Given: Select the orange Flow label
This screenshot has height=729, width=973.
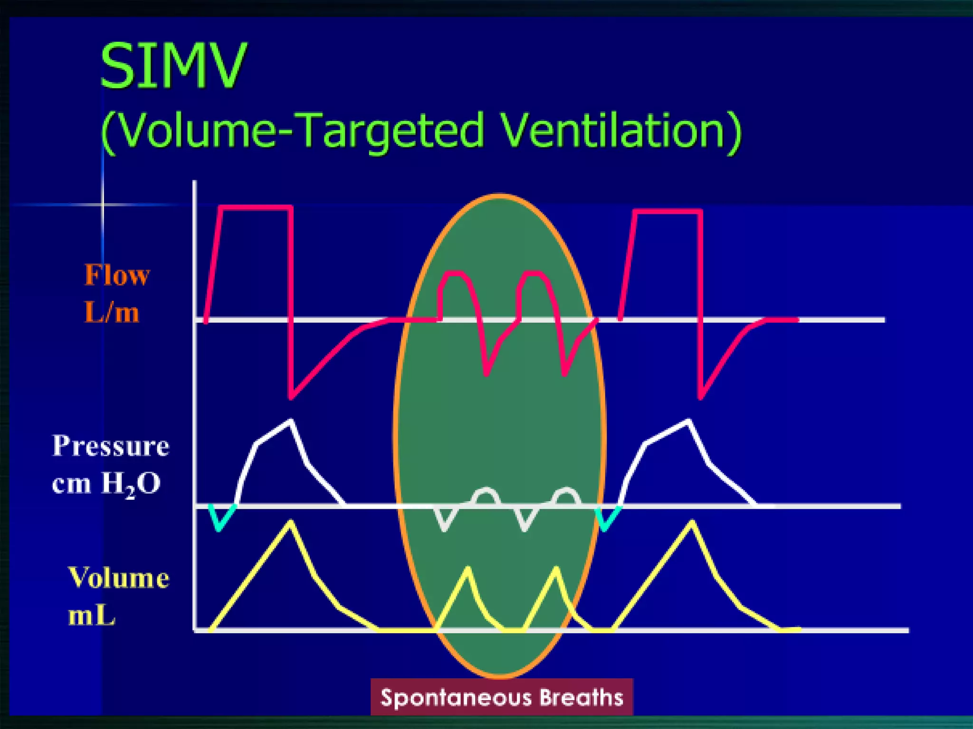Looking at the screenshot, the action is point(117,275).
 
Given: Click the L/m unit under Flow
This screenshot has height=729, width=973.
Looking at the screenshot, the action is point(112,313).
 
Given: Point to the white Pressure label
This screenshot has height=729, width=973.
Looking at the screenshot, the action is point(111,446).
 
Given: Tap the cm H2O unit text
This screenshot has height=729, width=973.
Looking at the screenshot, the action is point(106,485).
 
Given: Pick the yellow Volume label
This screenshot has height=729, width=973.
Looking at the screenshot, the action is point(119,578).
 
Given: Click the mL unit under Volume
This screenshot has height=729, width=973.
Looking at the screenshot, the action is point(92,616).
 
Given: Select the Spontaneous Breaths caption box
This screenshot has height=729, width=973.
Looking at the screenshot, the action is point(502,697).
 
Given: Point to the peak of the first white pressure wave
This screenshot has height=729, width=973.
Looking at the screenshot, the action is point(291,421).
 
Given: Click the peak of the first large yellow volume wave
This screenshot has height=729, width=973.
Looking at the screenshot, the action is point(290,523).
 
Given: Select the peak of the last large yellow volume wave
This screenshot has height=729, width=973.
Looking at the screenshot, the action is point(692,523).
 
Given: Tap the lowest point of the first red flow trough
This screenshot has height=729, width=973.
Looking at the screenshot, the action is point(291,397).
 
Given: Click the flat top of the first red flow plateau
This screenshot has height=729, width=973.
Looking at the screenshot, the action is point(257,207).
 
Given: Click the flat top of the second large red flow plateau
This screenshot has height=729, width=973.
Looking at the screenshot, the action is point(668,212).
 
